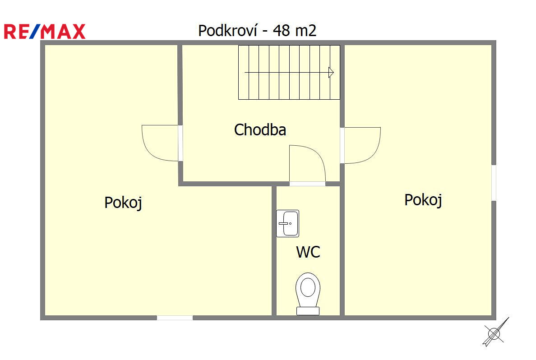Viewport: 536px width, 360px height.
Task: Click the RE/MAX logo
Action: coord(44,32)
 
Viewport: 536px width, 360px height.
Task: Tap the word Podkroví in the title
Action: coord(228,30)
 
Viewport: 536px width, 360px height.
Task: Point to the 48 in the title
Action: coord(282,30)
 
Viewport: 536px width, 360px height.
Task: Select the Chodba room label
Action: coord(260,130)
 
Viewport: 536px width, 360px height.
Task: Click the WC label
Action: coord(308,252)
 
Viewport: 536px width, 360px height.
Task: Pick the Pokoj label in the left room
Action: coord(123,203)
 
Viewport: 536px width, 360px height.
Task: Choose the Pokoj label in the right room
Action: coord(423,200)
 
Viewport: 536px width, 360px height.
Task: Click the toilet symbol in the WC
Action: coord(308,294)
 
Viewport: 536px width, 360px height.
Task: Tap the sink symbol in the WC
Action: coord(287,224)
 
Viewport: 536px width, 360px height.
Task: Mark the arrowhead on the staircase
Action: coord(331,73)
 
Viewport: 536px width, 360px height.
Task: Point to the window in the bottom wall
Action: coord(175,318)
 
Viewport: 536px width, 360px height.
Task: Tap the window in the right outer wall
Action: coord(494,183)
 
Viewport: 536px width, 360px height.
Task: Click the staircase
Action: coord(289,73)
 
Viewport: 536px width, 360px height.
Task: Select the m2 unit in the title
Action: coord(305,30)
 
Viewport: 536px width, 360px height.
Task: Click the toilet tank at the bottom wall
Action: coord(308,311)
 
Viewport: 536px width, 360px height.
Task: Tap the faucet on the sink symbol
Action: coord(284,224)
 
